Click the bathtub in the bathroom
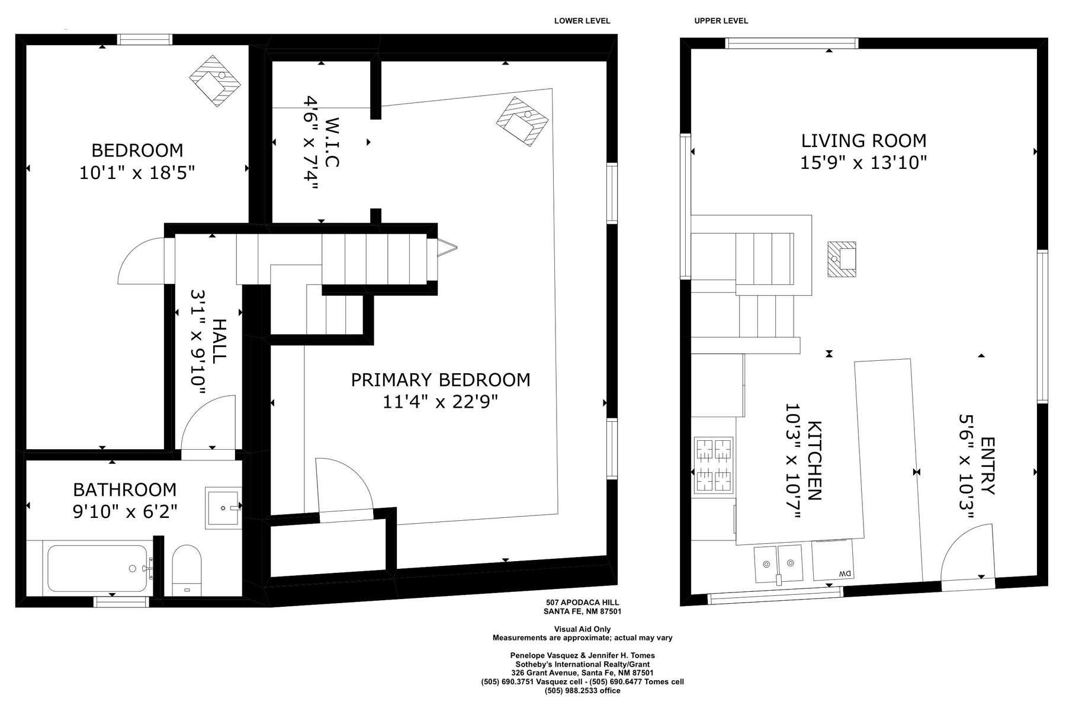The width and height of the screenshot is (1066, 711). click(97, 568)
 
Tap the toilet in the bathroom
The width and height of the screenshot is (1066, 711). click(187, 570)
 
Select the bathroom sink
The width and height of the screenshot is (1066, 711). click(223, 507)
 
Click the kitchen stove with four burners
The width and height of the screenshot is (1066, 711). click(714, 465)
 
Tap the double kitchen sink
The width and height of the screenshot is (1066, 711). click(778, 564)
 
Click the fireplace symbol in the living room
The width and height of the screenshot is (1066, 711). click(842, 259)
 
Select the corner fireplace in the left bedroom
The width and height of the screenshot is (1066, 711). click(215, 81)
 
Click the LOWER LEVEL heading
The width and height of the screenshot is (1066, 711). click(582, 21)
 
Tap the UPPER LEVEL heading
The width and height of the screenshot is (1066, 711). click(721, 21)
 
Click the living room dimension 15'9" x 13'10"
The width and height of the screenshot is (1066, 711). click(863, 162)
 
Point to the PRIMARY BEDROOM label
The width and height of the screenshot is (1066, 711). click(441, 380)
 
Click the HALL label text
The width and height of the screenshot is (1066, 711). click(219, 341)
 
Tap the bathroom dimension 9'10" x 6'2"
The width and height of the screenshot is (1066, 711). click(125, 511)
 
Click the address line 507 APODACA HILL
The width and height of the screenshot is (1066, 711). click(582, 603)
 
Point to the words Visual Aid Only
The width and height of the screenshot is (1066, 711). click(582, 629)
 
